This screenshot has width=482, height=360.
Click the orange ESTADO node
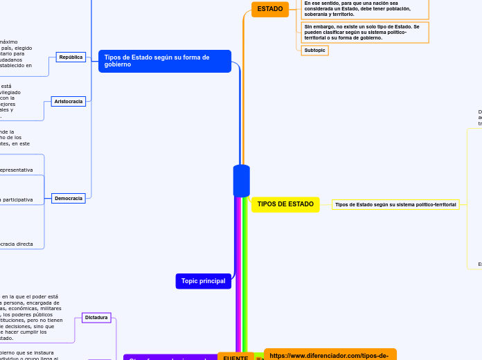click(270, 9)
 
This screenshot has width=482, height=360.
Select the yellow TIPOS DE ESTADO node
click(285, 204)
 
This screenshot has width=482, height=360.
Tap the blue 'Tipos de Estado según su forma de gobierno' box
click(165, 61)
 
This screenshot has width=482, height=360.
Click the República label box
click(71, 57)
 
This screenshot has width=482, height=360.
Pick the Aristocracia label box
click(69, 101)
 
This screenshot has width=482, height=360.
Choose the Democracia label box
click(69, 198)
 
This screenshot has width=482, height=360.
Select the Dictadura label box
click(96, 318)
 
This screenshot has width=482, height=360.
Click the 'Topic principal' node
click(203, 281)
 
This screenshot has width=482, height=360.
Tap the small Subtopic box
click(314, 51)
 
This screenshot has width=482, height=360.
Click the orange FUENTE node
click(235, 357)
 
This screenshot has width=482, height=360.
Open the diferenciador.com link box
click(330, 354)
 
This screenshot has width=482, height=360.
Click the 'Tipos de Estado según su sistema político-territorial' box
click(395, 205)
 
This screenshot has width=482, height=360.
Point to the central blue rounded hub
click(242, 181)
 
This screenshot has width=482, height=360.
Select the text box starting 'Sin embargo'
click(364, 32)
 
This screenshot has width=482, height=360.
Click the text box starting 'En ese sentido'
click(364, 8)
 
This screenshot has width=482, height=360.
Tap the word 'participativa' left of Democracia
click(17, 199)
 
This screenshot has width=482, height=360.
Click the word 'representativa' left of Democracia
click(17, 170)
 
